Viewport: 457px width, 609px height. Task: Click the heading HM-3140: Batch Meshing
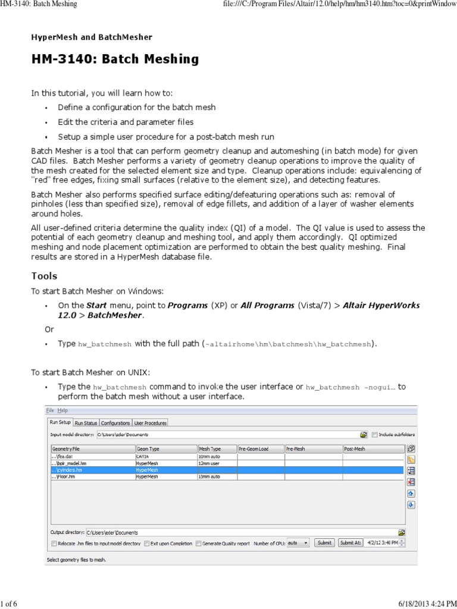pos(115,59)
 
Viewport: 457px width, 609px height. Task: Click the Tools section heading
pos(44,276)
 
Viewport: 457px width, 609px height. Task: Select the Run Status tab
pos(86,423)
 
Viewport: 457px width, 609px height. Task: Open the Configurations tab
pos(115,423)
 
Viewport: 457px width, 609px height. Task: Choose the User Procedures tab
pos(150,423)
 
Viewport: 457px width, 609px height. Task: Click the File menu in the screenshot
pos(49,410)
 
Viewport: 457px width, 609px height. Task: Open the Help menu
pos(62,410)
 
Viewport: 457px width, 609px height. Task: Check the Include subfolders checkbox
pos(374,435)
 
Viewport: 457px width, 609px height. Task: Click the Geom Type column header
pos(166,449)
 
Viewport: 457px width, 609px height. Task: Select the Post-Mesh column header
pos(373,449)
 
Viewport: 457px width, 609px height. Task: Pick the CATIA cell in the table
pos(166,456)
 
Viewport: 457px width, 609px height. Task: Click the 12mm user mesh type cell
pos(217,463)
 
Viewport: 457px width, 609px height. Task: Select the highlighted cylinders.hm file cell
pos(92,470)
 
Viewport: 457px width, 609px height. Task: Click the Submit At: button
pos(349,542)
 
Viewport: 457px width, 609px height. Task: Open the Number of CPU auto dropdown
pos(298,542)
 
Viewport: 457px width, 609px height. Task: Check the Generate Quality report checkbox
pos(199,543)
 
